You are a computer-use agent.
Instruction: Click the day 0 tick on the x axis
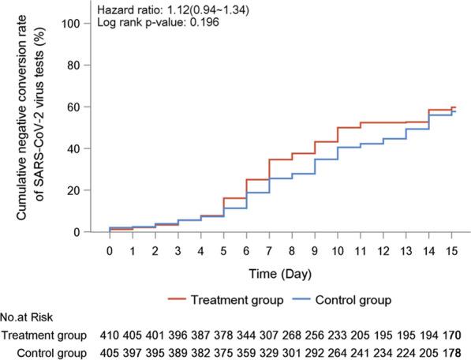(x=110, y=249)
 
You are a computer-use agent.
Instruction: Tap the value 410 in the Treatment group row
(x=110, y=337)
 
